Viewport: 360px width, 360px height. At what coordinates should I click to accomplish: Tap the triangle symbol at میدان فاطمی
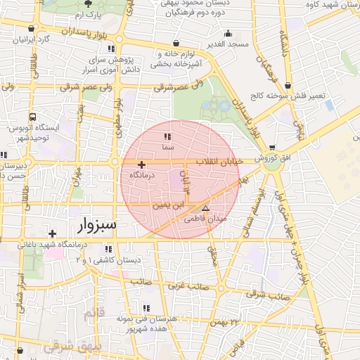[x=205, y=209]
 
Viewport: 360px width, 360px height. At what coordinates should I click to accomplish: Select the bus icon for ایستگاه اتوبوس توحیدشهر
[x=32, y=117]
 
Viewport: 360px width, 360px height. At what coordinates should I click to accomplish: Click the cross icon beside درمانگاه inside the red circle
[x=141, y=164]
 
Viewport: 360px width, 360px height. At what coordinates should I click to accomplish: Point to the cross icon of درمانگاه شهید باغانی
[x=52, y=233]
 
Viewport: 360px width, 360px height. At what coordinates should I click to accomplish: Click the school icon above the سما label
[x=167, y=137]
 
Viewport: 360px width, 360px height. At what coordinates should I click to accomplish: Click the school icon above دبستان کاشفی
[x=108, y=249]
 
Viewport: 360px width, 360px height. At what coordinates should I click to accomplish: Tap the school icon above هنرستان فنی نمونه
[x=146, y=308]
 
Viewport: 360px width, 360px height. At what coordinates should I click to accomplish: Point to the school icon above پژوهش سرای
[x=111, y=49]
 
